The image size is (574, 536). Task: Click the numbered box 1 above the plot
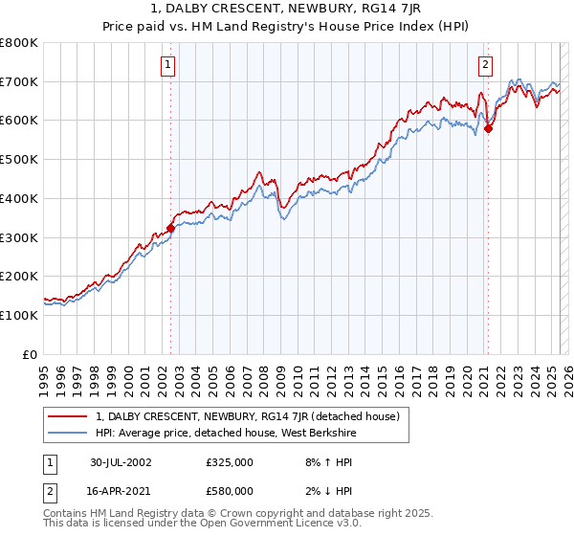pos(167,65)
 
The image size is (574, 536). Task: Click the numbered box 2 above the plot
pos(485,65)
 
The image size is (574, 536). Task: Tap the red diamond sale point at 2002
pos(171,228)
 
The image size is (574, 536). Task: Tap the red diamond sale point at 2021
pos(488,128)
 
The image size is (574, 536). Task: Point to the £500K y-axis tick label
pos(20,160)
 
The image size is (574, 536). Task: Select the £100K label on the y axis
pos(20,315)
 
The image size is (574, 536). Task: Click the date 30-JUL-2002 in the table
pos(121,461)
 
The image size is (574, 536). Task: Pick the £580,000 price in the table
pos(229,490)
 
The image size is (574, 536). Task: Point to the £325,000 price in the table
pos(229,461)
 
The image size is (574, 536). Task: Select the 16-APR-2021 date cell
pos(121,490)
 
